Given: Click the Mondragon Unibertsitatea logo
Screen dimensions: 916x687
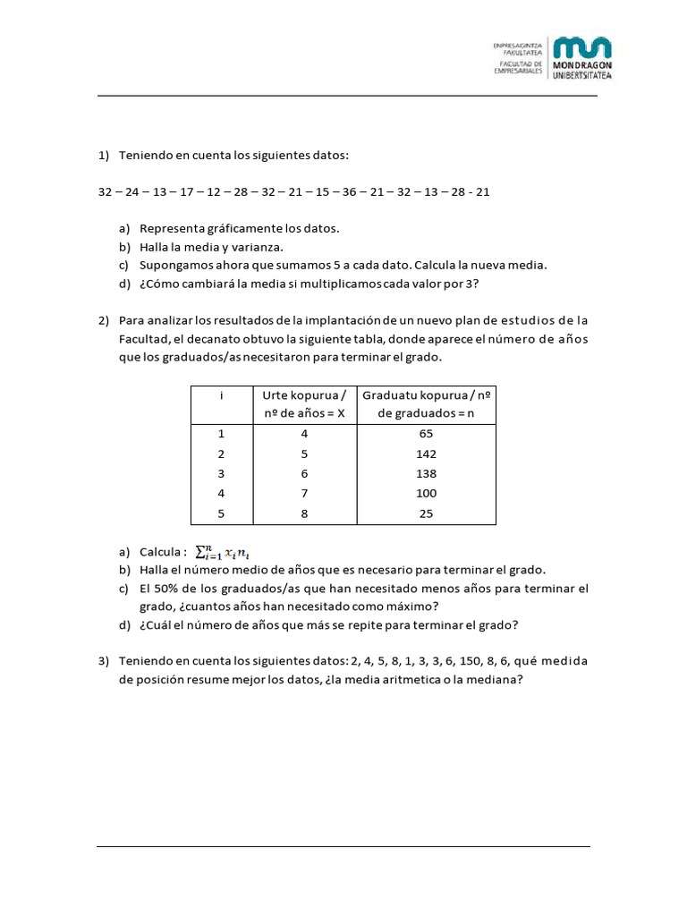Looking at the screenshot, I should [x=582, y=58].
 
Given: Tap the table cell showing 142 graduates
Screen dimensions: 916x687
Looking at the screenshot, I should [x=427, y=454].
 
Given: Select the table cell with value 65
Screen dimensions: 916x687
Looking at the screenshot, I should [x=427, y=434].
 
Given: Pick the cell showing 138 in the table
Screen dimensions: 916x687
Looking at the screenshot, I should [x=427, y=473].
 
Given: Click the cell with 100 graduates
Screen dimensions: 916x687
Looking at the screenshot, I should [x=427, y=494].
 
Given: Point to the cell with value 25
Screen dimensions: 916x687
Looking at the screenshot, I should [x=427, y=513].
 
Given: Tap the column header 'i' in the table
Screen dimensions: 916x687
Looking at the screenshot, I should [x=221, y=395].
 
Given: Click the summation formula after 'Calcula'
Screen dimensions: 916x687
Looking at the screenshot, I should [x=231, y=553].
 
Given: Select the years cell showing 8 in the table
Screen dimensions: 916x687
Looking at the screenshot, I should [x=304, y=513].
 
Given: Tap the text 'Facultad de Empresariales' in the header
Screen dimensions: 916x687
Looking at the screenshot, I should [x=518, y=70].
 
